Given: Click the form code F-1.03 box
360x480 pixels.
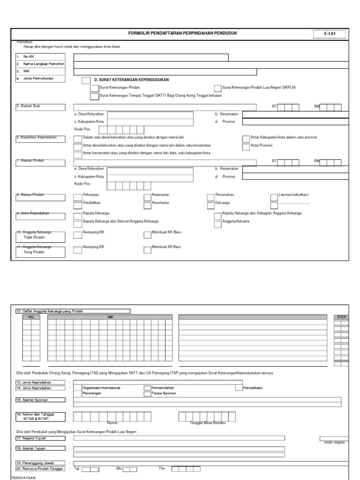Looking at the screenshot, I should click(331, 34).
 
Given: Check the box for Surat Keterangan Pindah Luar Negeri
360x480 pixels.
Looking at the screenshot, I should click(217, 88).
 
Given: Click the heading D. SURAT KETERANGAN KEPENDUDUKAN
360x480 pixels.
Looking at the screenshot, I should click(131, 80).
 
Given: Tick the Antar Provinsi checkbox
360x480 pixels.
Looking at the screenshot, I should click(246, 147).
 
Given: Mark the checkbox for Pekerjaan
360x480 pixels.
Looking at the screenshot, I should click(78, 195).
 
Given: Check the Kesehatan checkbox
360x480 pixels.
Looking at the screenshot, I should click(147, 204).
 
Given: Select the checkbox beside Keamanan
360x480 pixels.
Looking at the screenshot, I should click(147, 195).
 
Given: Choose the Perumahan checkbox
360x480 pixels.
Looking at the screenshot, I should click(211, 195).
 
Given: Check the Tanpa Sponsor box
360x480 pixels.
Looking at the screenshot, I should click(147, 394).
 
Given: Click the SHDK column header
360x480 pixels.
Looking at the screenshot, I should click(341, 317).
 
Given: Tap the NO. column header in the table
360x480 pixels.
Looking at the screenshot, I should click(31, 317).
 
